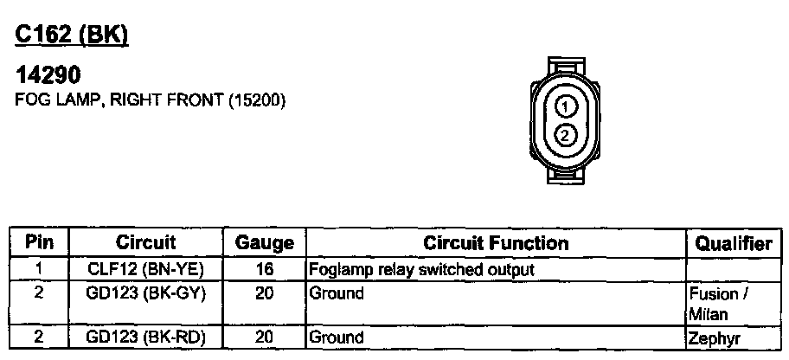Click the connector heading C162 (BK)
tap(72, 35)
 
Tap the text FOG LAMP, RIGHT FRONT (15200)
tap(151, 100)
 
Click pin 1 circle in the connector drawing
tap(564, 107)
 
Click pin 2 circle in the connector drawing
tap(564, 135)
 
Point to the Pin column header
tap(39, 243)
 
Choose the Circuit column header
tap(145, 243)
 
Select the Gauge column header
tap(265, 244)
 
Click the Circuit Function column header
tap(496, 243)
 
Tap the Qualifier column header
tap(732, 244)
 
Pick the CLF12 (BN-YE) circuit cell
tap(145, 269)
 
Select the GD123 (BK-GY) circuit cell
tap(145, 293)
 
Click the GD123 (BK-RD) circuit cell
tap(145, 337)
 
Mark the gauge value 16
tap(265, 269)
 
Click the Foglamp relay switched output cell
tap(422, 269)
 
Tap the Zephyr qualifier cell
tap(715, 338)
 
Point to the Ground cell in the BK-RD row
tap(337, 337)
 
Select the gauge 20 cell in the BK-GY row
tap(265, 293)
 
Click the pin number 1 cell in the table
tap(39, 269)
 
